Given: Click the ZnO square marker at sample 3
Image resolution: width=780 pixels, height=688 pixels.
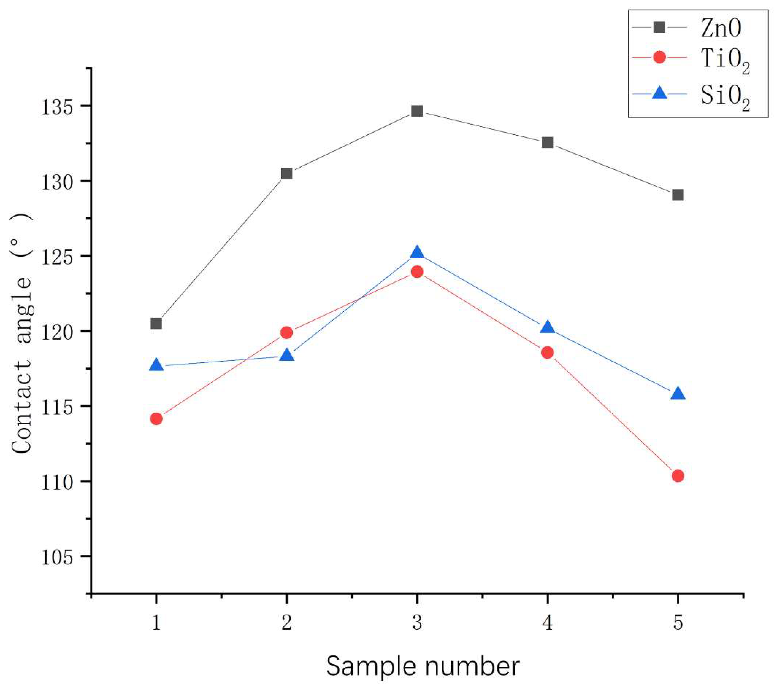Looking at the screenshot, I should (417, 111).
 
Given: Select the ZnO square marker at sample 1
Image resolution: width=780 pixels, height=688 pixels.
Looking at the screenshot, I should (156, 323).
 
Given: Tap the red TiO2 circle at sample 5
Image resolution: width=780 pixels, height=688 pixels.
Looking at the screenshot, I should (678, 476).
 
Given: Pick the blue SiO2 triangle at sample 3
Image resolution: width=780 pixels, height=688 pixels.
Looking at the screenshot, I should (417, 253).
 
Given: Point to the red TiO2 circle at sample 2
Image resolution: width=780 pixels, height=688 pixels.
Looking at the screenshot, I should (286, 333).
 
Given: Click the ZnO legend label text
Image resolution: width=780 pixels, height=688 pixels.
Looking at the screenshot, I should (721, 28).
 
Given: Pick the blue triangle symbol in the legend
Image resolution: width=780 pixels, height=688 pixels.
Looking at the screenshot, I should (659, 93).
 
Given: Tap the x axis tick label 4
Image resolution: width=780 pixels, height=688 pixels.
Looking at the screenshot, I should (548, 623).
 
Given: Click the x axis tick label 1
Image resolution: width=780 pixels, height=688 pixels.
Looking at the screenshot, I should (156, 623).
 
